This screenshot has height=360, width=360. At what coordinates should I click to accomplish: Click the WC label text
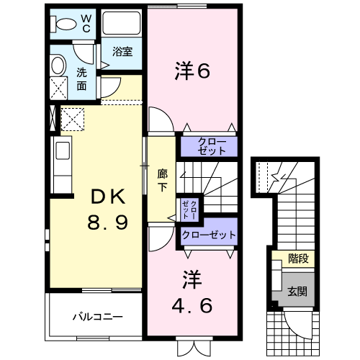coord(86,24)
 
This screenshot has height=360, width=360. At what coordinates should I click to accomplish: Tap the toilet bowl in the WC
coord(64,24)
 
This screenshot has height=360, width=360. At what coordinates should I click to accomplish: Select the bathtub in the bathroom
coord(122,23)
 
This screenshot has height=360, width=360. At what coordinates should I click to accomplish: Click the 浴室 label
coord(122,51)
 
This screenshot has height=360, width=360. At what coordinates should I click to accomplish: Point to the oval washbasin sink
coord(58,65)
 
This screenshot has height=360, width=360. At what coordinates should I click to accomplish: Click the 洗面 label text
coord(81,79)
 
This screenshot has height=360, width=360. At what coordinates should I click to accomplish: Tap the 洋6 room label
coord(192,71)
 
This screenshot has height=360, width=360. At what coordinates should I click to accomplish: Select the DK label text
coord(108,197)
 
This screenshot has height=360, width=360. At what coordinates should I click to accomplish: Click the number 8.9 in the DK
coord(107,222)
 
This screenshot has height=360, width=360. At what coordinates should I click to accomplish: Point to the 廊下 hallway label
coord(162,180)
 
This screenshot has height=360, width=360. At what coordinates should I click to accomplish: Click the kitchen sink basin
coord(63,150)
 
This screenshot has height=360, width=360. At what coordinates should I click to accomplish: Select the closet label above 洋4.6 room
coord(209,235)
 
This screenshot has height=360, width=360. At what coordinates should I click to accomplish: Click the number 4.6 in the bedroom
coord(192,305)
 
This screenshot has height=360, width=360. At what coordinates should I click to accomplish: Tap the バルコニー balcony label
coord(97,317)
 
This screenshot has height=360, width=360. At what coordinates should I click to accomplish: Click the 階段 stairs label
coord(298,258)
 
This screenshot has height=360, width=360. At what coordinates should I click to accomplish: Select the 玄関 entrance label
coord(297,292)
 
